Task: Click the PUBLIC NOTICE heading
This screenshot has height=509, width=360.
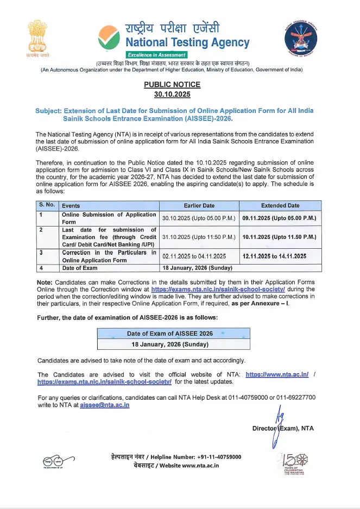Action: click(x=172, y=84)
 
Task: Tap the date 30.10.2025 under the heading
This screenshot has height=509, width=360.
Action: click(x=172, y=94)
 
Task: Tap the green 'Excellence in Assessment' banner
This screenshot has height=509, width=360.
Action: click(x=157, y=55)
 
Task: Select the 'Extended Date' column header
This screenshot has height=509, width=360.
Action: click(x=280, y=206)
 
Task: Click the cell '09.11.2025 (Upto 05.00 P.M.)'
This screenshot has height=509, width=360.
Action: click(x=280, y=218)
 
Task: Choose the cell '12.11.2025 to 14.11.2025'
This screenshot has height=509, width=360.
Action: click(x=275, y=256)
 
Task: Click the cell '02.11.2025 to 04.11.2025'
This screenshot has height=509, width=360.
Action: click(x=194, y=256)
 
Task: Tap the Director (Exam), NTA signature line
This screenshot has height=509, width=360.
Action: click(x=283, y=429)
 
